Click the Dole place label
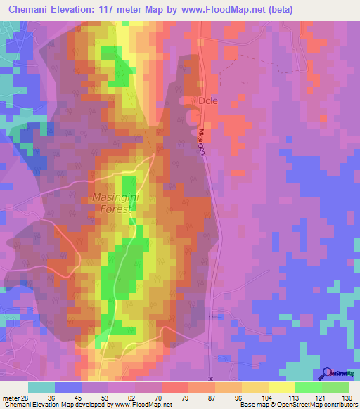coord(209,100)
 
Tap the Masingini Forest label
coord(116,204)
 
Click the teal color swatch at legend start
coord(41,387)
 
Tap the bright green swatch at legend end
coord(335,387)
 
